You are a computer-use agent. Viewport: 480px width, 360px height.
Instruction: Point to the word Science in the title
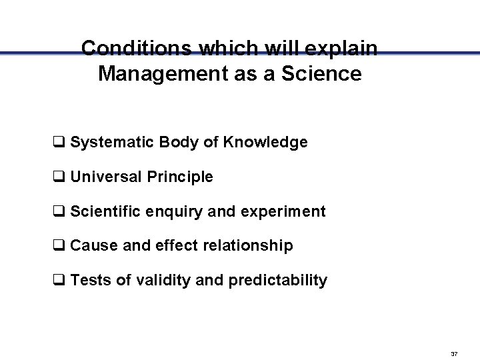coord(324,73)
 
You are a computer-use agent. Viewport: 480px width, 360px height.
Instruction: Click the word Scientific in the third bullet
coord(107,211)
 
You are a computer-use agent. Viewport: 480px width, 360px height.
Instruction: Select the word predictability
coord(277,281)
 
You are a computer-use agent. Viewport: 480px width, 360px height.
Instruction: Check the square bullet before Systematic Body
coord(58,143)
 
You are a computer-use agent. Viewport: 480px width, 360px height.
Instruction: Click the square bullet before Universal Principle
coord(58,177)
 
